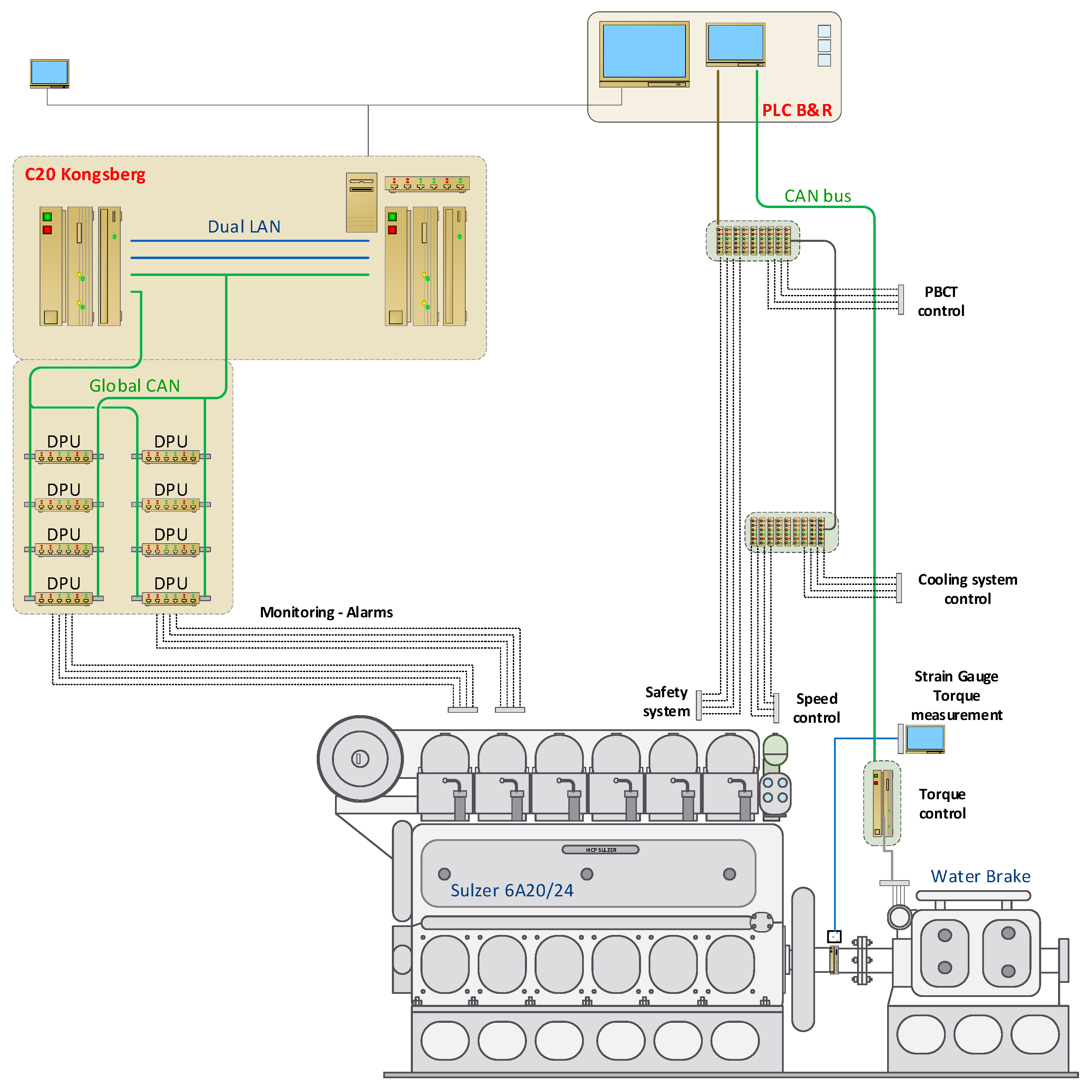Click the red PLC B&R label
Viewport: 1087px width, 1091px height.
[x=796, y=110]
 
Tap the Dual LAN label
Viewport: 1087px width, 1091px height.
[x=244, y=226]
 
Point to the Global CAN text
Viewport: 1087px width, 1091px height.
[x=134, y=386]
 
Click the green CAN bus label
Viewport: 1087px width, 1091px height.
[x=817, y=196]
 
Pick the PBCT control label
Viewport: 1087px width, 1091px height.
[x=941, y=301]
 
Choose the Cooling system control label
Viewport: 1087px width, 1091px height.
[x=967, y=589]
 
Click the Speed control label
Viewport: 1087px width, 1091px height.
[x=816, y=708]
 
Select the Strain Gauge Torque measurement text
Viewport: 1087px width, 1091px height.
[x=956, y=696]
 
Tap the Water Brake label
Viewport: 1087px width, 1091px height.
[x=980, y=876]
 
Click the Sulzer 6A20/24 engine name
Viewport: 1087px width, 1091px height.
[x=512, y=891]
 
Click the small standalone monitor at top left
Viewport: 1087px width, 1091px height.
[x=50, y=73]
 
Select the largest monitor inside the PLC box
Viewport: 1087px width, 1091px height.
[x=644, y=53]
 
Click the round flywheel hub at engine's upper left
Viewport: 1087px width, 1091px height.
[x=360, y=758]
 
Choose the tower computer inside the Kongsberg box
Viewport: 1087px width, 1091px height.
[x=362, y=203]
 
